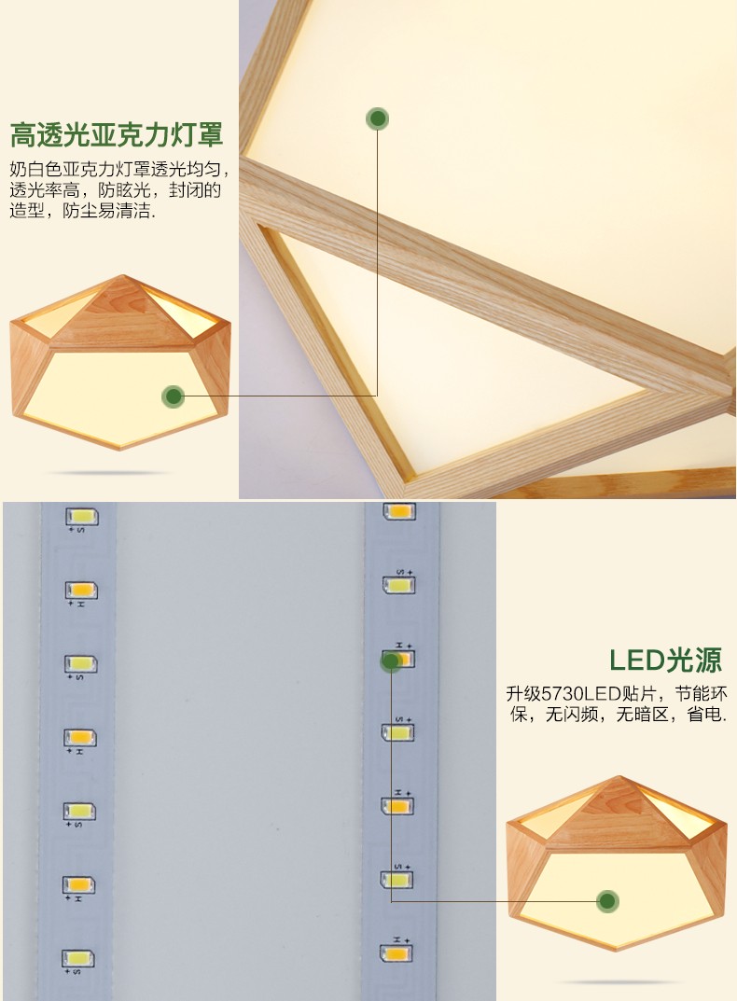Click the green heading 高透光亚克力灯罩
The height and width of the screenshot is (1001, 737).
(x=117, y=134)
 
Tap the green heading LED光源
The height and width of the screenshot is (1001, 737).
(x=665, y=660)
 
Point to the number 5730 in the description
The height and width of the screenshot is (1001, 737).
(x=563, y=694)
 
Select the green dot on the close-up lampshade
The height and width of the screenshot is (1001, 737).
(x=378, y=118)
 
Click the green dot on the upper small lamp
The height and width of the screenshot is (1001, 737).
(x=174, y=396)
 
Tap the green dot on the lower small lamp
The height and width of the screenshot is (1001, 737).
(x=607, y=901)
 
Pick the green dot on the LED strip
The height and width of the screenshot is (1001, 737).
(x=390, y=661)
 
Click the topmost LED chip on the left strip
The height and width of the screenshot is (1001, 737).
(x=82, y=517)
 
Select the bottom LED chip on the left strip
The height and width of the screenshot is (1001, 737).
(x=78, y=959)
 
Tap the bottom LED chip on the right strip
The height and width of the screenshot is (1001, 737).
(x=396, y=953)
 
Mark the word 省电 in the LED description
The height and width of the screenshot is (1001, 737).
(x=703, y=715)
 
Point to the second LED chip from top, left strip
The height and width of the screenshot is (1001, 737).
(x=82, y=591)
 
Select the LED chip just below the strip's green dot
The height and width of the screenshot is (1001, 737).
(x=397, y=732)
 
